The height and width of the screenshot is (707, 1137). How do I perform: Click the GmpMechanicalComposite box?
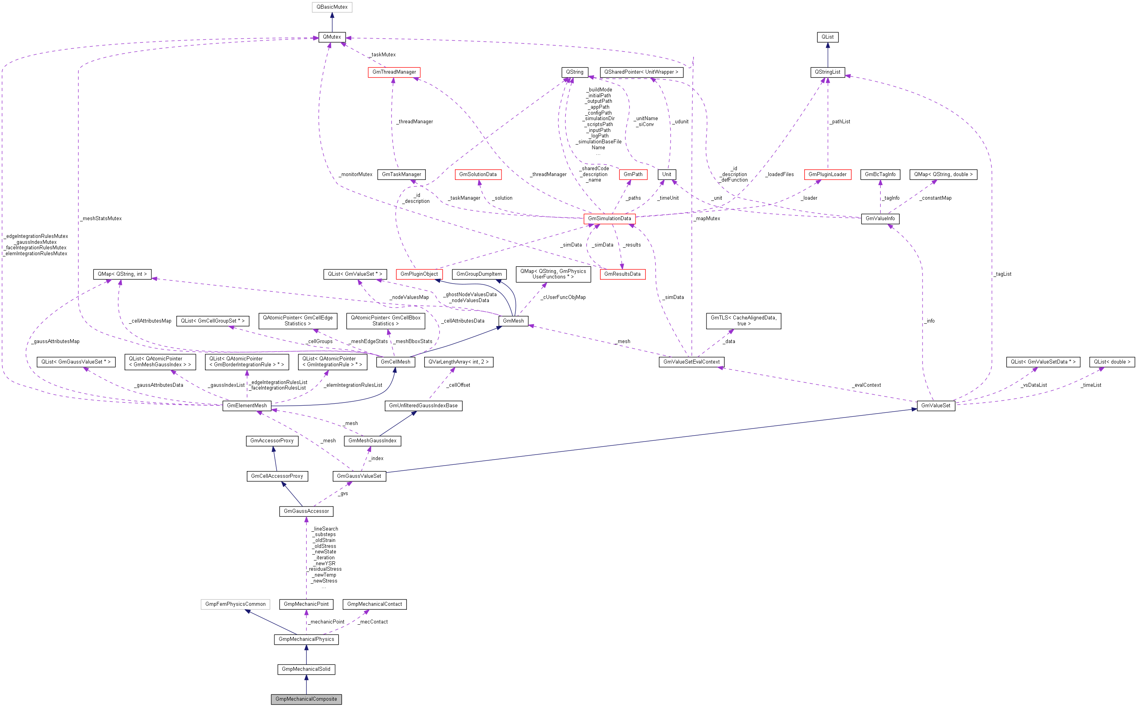tap(306, 699)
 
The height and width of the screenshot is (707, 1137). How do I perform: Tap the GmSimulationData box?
tap(609, 218)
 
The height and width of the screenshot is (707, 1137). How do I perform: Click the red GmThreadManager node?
tap(394, 72)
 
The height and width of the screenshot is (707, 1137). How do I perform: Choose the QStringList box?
tap(827, 72)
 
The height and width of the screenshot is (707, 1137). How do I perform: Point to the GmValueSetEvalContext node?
tap(691, 362)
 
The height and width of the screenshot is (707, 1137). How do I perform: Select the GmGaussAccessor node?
tap(306, 511)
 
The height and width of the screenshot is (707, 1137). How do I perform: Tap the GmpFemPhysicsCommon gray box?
tap(235, 604)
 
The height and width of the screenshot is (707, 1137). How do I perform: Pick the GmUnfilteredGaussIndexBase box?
tap(423, 405)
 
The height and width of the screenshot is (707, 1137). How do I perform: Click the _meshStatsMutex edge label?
tap(101, 218)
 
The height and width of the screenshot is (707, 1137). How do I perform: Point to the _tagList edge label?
tap(1003, 274)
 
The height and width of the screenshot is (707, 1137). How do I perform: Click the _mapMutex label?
tap(707, 218)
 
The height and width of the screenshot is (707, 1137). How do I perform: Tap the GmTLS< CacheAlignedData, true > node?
tap(743, 321)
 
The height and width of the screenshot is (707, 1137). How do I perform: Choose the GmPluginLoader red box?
tap(827, 174)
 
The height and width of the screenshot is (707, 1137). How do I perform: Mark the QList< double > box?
tap(1112, 362)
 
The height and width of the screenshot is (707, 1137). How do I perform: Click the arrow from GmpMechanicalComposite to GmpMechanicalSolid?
tap(306, 684)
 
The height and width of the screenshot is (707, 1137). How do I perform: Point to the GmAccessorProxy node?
tap(272, 440)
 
